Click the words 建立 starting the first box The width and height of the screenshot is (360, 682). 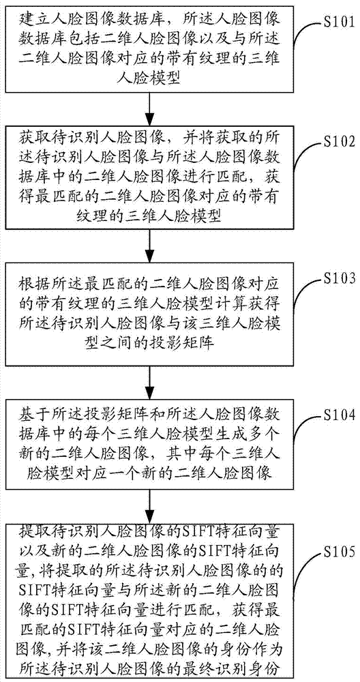(x=32, y=20)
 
